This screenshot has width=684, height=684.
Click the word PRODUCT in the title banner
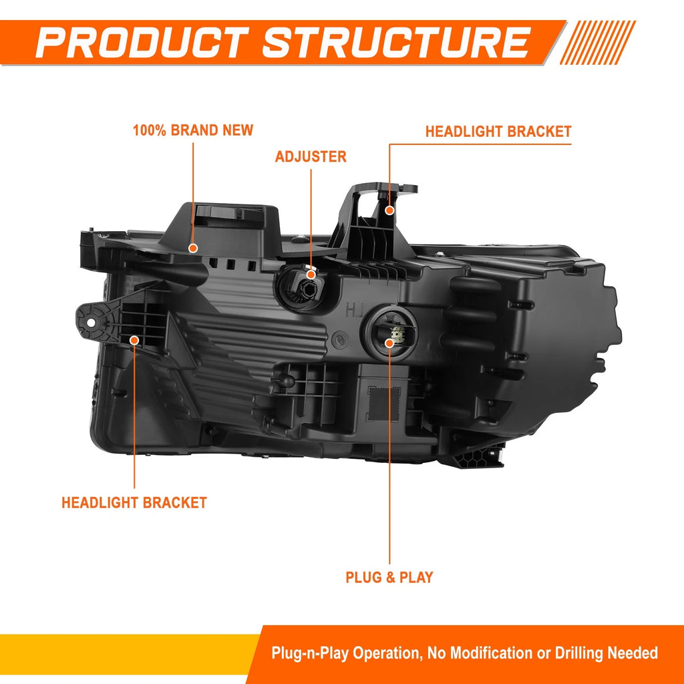pos(142,42)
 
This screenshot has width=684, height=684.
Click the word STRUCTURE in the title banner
pos(396,42)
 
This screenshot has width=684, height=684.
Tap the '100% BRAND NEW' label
pos(193,130)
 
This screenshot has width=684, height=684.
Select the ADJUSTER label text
pos(311,156)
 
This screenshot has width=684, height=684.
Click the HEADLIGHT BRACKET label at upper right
pos(498,132)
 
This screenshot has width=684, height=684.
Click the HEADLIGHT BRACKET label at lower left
pos(134,502)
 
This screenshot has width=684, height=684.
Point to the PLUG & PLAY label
pos(389,577)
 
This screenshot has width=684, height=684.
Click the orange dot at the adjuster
pos(311,275)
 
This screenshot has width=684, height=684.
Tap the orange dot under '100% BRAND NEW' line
pos(193,248)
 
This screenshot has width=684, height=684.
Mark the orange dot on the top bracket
pos(389,210)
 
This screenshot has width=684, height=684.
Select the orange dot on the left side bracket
pos(134,340)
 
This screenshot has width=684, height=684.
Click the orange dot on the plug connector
pos(389,343)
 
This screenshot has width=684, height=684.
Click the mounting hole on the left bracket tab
pos(91,323)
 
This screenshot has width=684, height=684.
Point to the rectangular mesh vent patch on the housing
pos(383,404)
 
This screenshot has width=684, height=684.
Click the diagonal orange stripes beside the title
pos(597,42)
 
